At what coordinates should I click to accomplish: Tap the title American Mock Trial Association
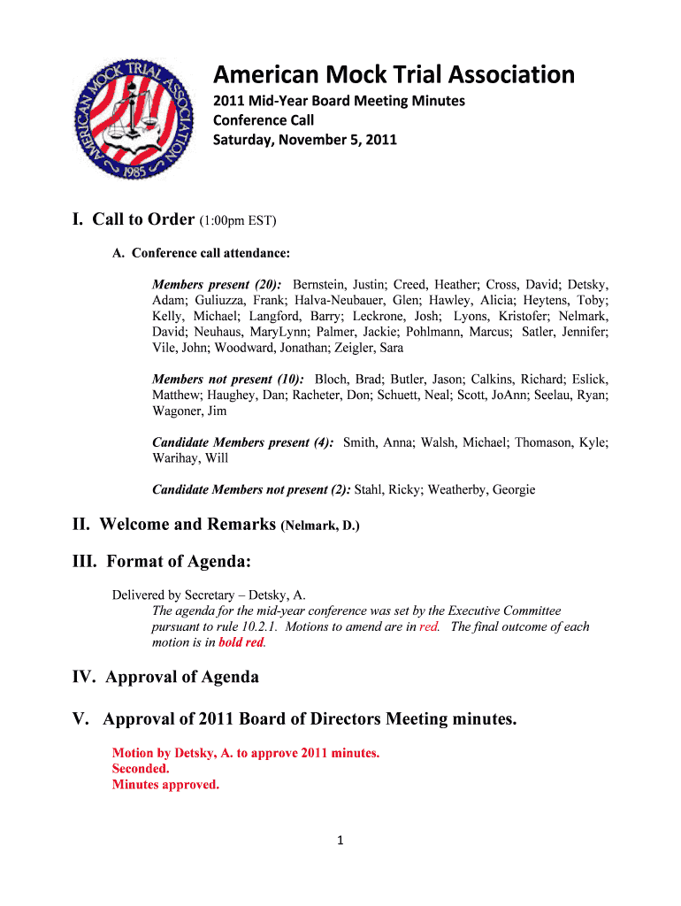pyautogui.click(x=394, y=74)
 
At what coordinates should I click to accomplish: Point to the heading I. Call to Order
pyautogui.click(x=134, y=220)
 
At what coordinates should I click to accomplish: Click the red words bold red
pyautogui.click(x=241, y=642)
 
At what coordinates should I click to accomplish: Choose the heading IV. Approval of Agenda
pyautogui.click(x=165, y=678)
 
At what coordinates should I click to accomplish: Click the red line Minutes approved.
pyautogui.click(x=165, y=785)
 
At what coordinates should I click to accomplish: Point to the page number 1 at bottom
pyautogui.click(x=340, y=841)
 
